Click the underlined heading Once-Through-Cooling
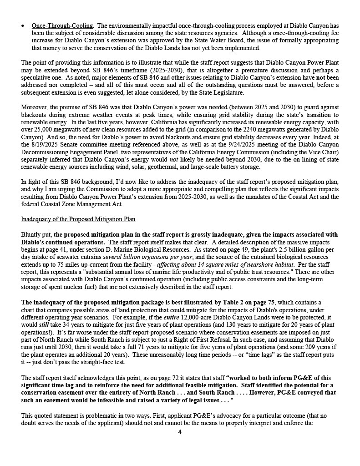[62, 26]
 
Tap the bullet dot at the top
[23, 26]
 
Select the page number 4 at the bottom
[180, 432]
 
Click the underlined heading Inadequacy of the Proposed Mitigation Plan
[78, 219]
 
